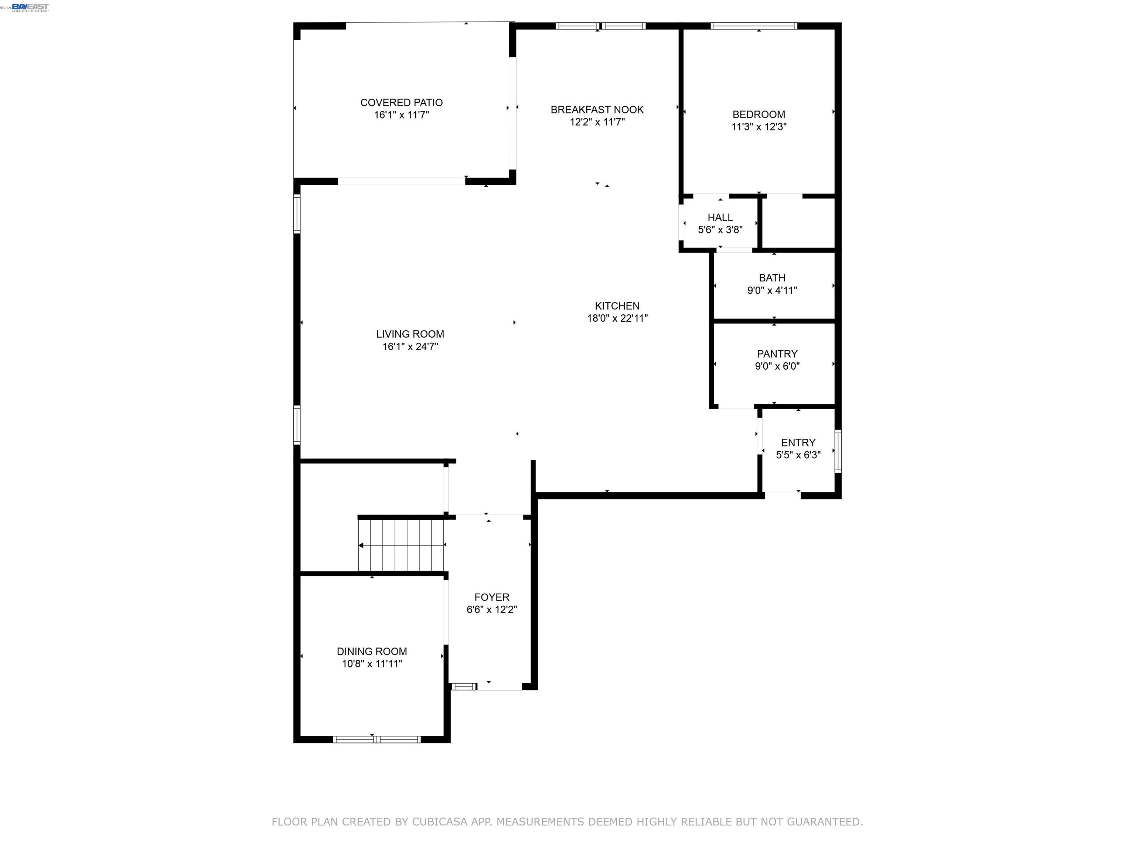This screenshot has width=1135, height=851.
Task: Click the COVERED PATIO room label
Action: [x=401, y=103]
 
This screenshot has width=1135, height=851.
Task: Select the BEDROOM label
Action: [x=759, y=115]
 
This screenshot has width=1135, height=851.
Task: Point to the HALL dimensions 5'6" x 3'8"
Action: [x=720, y=230]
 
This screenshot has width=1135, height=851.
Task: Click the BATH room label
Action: [x=772, y=278]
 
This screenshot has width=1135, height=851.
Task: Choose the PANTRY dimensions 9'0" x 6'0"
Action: [x=777, y=366]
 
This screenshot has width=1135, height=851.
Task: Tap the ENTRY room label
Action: [x=798, y=443]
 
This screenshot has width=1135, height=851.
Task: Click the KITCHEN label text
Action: [x=617, y=306]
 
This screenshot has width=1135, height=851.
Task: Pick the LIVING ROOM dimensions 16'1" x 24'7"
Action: [x=410, y=347]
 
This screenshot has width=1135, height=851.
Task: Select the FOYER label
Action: [x=491, y=597]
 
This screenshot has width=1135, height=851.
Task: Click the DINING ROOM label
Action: [x=371, y=652]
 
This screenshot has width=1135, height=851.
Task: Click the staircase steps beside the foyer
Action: [x=405, y=545]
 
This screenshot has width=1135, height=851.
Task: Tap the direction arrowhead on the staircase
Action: [x=361, y=545]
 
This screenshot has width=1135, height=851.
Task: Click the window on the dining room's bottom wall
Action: [x=376, y=739]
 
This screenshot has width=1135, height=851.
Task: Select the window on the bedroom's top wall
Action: [x=753, y=25]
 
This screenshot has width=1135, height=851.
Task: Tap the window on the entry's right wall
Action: [x=838, y=451]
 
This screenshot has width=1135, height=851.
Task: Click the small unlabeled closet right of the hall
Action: [x=798, y=223]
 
